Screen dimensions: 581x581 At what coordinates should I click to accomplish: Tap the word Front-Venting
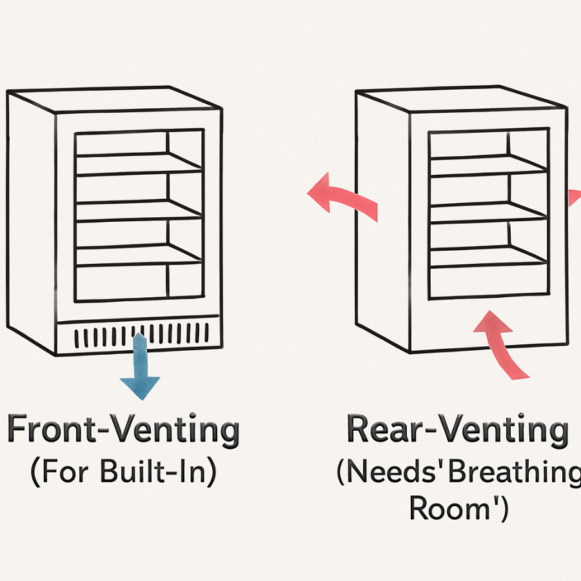pyautogui.click(x=123, y=431)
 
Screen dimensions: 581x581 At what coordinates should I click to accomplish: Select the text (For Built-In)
pyautogui.click(x=123, y=473)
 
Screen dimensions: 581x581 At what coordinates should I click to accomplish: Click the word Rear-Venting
pyautogui.click(x=458, y=429)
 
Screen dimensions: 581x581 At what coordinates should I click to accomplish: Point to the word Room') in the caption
pyautogui.click(x=458, y=509)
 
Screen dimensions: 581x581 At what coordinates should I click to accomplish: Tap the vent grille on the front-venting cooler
pyautogui.click(x=142, y=335)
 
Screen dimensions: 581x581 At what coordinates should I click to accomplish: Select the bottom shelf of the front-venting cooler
pyautogui.click(x=138, y=255)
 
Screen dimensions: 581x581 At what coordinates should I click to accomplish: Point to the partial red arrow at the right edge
pyautogui.click(x=575, y=197)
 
